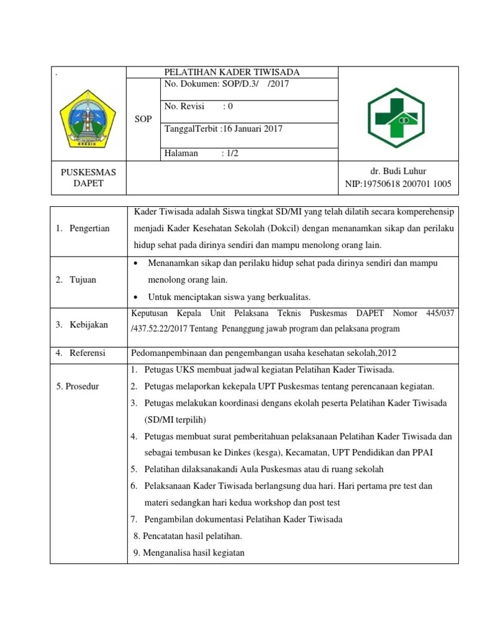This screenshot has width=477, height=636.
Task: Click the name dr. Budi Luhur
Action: coord(398,171)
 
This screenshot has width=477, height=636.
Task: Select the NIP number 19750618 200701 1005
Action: coord(398,184)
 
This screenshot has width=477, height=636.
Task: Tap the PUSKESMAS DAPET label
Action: coord(88,177)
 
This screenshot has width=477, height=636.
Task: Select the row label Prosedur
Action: coord(78,386)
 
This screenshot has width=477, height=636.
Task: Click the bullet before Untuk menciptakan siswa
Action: coord(135,296)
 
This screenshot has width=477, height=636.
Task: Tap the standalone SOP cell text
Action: coord(143,119)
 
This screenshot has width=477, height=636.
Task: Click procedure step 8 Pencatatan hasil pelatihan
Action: coord(188,536)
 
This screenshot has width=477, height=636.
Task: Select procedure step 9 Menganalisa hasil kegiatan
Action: coord(189,553)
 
